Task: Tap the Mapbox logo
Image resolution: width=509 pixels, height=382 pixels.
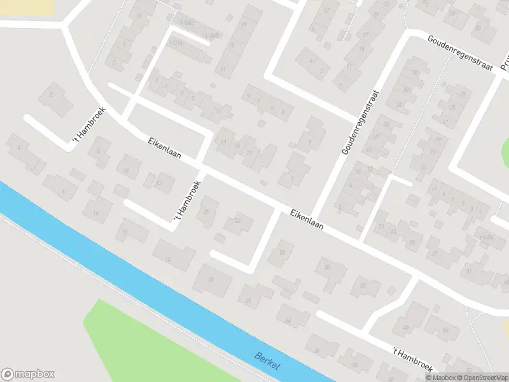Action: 29,374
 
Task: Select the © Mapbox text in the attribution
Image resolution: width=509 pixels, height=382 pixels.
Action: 442,378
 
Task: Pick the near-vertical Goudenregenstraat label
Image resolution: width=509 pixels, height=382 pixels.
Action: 358,122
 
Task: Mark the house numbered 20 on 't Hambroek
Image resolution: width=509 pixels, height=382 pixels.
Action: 207,211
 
